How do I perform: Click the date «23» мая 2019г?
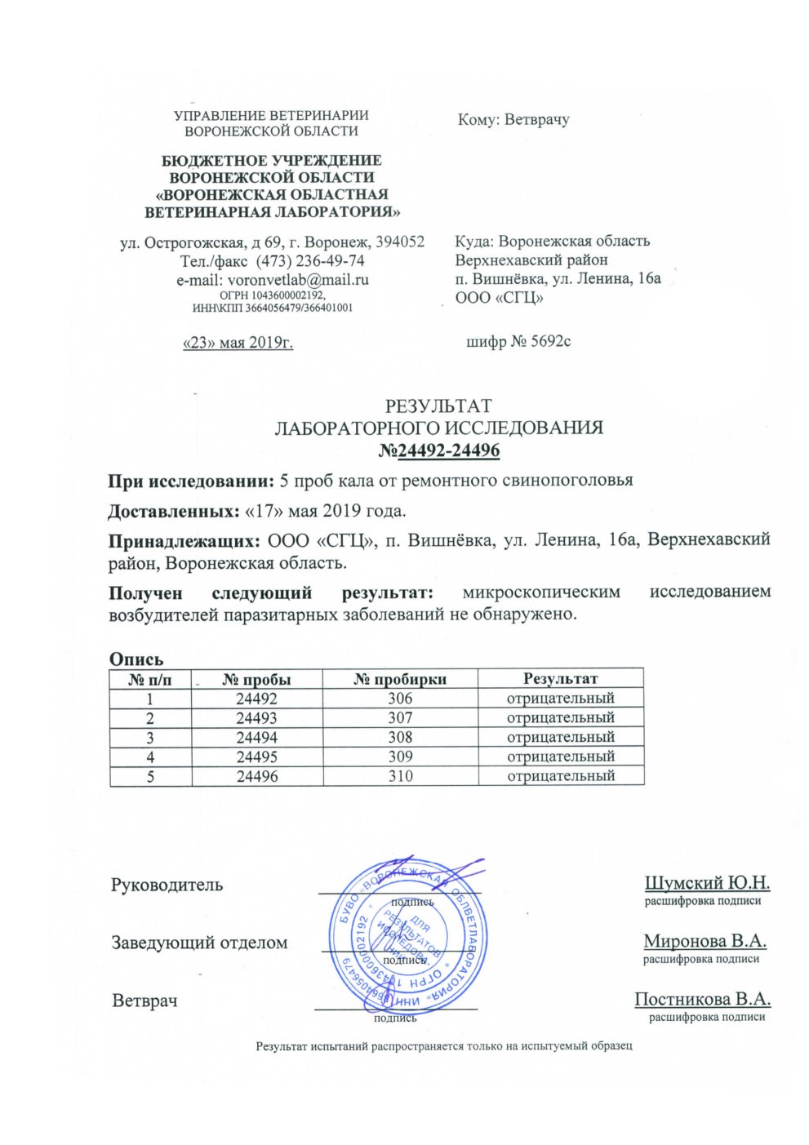[238, 342]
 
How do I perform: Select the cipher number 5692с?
[540, 341]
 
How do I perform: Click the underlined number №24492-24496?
[439, 450]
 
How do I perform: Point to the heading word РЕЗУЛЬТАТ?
[438, 406]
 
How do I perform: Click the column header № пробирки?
[400, 679]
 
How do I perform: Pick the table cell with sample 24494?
[256, 738]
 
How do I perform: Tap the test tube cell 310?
[400, 776]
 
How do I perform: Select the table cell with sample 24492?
[256, 699]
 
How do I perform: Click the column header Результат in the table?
[560, 678]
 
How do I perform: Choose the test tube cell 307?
[400, 718]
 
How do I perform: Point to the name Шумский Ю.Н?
[707, 883]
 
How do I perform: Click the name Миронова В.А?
[705, 941]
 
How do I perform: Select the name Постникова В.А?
[702, 1000]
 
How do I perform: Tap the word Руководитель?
[167, 885]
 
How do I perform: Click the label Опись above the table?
[136, 659]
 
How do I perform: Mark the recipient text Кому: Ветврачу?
[513, 120]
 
